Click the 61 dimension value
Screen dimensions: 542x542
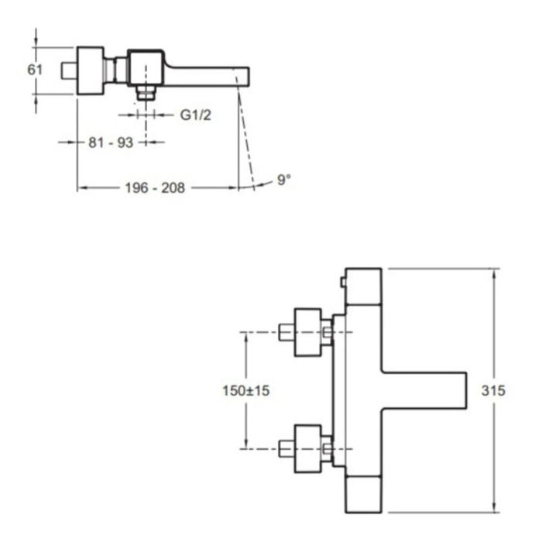(x=35, y=70)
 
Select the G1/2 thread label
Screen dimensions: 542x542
(x=196, y=115)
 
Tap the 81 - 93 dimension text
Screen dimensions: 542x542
(x=112, y=142)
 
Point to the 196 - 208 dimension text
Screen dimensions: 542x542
(x=156, y=187)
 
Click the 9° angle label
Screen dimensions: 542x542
(x=284, y=180)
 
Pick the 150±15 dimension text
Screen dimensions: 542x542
(x=245, y=391)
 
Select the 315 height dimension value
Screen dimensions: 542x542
(x=492, y=391)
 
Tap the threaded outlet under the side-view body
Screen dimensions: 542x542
(x=145, y=93)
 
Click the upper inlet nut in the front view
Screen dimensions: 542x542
(x=308, y=333)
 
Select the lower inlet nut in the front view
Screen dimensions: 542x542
(x=308, y=448)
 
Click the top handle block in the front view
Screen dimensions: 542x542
(x=364, y=286)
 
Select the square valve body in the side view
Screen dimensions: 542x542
(x=146, y=67)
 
